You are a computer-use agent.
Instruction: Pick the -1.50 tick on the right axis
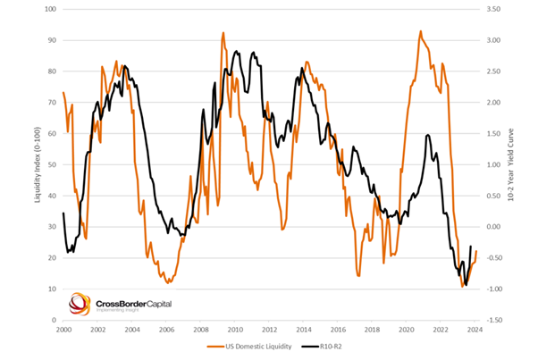click(x=493, y=320)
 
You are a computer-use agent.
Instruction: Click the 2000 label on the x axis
click(x=63, y=329)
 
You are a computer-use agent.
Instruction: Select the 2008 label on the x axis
click(x=201, y=329)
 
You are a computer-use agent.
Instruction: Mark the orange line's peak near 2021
click(x=421, y=31)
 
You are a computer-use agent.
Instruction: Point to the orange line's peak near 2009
click(x=223, y=33)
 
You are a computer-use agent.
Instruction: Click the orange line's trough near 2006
click(x=168, y=282)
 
